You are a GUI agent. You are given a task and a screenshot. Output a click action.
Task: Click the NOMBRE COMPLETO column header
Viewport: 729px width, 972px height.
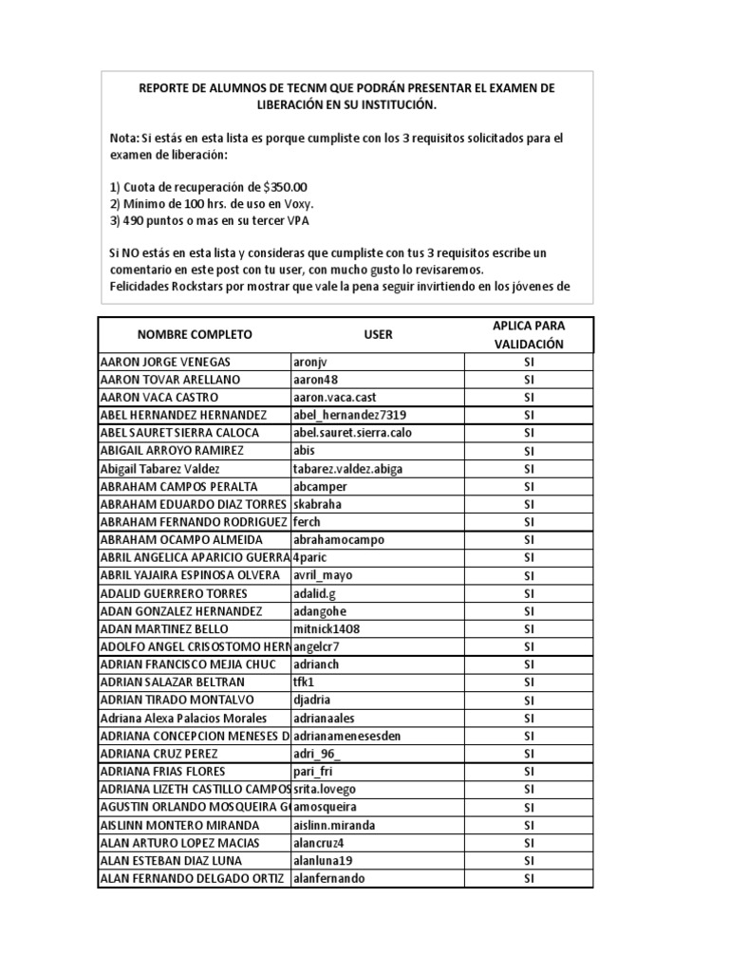click(195, 335)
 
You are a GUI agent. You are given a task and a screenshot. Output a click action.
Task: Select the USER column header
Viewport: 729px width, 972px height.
click(378, 335)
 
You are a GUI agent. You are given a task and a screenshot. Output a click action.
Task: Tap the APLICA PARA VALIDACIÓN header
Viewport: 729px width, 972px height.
click(529, 335)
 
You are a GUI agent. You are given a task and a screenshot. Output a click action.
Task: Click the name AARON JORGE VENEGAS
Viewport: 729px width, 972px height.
click(165, 362)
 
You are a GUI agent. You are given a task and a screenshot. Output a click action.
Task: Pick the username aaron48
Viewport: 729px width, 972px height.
click(317, 380)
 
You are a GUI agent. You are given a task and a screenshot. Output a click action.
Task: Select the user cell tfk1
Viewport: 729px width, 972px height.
click(304, 682)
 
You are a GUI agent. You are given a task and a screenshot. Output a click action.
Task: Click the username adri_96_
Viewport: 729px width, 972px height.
click(317, 754)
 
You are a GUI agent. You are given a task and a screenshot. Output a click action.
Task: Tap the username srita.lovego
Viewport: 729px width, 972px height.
click(325, 790)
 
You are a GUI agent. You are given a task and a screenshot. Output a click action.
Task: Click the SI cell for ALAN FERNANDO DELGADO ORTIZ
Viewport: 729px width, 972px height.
click(529, 879)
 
